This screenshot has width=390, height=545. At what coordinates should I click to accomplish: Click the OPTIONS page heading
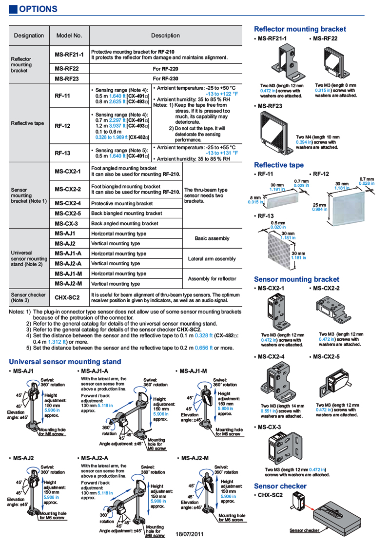pyautogui.click(x=38, y=9)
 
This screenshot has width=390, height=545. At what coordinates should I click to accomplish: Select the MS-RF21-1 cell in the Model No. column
pyautogui.click(x=69, y=55)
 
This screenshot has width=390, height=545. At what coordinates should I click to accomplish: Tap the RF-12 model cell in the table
pyautogui.click(x=62, y=125)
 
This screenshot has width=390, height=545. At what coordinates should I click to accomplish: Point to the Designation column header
pyautogui.click(x=29, y=36)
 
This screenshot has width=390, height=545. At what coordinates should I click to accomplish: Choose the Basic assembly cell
pyautogui.click(x=212, y=238)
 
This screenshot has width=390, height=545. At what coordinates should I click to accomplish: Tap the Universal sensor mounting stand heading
pyautogui.click(x=65, y=362)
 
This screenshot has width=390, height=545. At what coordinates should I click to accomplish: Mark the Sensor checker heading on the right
pyautogui.click(x=280, y=486)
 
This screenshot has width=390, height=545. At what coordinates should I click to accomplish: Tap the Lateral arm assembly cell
pyautogui.click(x=212, y=259)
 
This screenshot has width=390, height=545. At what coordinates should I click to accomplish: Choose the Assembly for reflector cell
pyautogui.click(x=212, y=279)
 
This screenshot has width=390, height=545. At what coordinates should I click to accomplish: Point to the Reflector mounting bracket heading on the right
pyautogui.click(x=300, y=29)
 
